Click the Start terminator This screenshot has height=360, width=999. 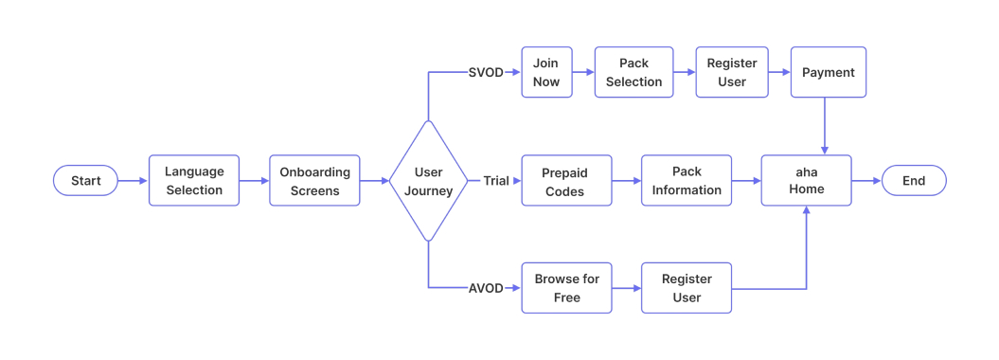[x=85, y=180]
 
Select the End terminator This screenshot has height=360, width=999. [x=914, y=180]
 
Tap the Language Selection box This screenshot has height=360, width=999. [x=194, y=180]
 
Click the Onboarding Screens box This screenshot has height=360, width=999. [x=314, y=180]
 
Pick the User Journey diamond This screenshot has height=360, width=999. [x=428, y=181]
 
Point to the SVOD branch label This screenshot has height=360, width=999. [x=486, y=72]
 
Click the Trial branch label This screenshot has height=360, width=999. [x=496, y=181]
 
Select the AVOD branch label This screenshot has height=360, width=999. [x=486, y=288]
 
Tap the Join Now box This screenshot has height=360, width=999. [x=546, y=72]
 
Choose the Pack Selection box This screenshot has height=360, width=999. [x=633, y=72]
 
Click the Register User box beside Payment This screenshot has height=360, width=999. [x=732, y=72]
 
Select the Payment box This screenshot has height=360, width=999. [x=829, y=72]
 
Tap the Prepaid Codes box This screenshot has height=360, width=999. [x=566, y=180]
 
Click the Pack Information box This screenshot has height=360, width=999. [x=687, y=180]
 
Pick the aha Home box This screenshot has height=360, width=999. [x=806, y=180]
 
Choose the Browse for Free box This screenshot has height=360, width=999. [x=566, y=288]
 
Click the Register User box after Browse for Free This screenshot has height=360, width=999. [x=687, y=288]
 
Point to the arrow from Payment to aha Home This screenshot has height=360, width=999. [x=825, y=126]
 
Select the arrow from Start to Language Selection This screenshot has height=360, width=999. [x=134, y=181]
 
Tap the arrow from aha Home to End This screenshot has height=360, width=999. [x=866, y=181]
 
